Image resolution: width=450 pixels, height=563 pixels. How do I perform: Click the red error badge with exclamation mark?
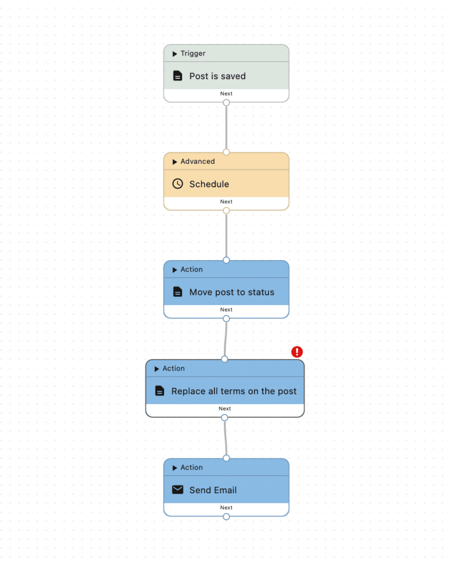297,352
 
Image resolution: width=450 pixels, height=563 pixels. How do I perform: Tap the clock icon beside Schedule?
178,184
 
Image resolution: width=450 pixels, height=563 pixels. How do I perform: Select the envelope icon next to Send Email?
178,490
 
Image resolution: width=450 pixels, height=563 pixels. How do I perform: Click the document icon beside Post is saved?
178,76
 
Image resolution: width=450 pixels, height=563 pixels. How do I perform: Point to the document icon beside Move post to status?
178,291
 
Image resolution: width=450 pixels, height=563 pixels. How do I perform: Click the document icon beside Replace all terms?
160,391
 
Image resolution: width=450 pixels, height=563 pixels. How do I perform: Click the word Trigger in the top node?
193,53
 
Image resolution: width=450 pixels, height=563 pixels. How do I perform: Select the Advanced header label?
197,162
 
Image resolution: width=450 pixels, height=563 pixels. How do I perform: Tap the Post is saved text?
218,76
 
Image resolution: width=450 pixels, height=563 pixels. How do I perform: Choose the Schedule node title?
209,184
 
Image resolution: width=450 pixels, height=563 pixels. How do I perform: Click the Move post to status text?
232,292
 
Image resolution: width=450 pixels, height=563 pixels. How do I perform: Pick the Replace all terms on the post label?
234,391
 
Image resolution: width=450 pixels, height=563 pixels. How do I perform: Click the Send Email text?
213,490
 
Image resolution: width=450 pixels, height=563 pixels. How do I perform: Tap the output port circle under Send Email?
226,517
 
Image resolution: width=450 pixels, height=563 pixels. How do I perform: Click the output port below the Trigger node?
226,103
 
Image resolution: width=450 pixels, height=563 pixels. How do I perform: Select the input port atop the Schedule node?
226,152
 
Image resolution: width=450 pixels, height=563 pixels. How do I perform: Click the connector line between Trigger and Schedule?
226,128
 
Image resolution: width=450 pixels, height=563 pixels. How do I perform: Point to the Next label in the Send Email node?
226,507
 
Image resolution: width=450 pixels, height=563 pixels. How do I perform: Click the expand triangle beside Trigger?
174,54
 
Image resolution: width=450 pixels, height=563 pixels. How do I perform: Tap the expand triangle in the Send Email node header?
174,468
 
